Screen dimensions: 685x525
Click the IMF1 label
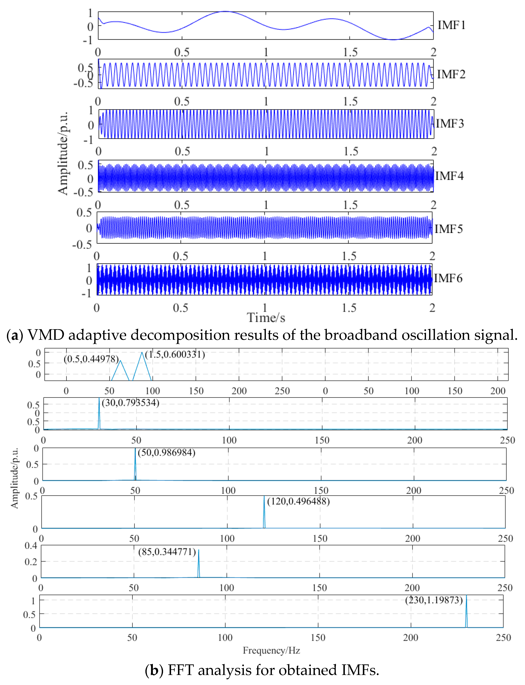coord(451,25)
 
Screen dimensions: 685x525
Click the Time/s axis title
coord(266,318)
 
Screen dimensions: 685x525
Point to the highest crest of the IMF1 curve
coord(226,12)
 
